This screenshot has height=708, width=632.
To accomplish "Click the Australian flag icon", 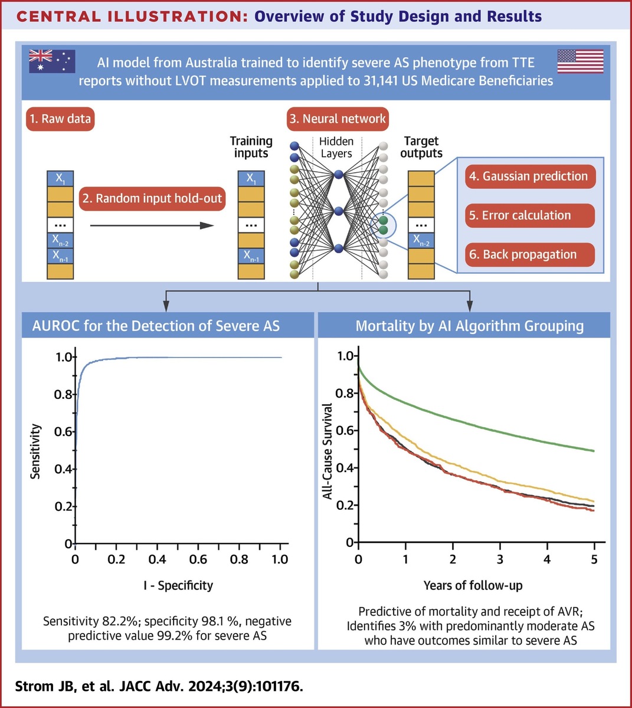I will click(52, 61).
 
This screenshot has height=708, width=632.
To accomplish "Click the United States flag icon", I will click(580, 61).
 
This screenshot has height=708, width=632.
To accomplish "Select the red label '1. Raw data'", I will click(61, 119).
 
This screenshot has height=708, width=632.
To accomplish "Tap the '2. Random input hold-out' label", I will click(152, 198).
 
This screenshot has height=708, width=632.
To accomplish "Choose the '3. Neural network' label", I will click(338, 119).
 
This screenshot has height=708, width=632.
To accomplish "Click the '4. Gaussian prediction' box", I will click(529, 176).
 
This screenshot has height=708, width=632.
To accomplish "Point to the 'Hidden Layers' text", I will click(336, 147).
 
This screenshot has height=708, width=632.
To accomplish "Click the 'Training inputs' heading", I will click(251, 147).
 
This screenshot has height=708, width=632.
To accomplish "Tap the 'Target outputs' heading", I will click(421, 147).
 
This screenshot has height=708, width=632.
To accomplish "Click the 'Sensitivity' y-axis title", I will click(36, 451).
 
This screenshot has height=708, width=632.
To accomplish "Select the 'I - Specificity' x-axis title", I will click(178, 585).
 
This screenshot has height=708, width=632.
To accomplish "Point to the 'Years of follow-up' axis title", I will click(473, 585).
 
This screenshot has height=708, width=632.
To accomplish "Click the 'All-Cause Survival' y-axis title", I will click(328, 451).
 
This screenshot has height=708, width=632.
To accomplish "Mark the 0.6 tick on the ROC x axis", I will click(198, 559).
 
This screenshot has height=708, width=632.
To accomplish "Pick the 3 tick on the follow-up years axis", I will click(500, 559).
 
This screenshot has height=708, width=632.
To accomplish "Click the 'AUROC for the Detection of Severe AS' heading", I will click(156, 326).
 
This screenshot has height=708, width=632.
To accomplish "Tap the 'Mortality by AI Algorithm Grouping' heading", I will click(469, 326).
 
